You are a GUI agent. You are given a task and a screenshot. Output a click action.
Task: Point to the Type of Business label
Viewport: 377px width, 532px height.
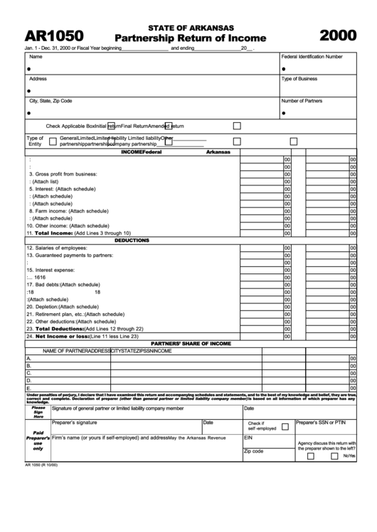tap(299, 79)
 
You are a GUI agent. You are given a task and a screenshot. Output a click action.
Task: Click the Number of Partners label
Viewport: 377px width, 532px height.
tap(302, 101)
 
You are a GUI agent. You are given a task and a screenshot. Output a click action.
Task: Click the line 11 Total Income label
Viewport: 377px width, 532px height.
tap(78, 233)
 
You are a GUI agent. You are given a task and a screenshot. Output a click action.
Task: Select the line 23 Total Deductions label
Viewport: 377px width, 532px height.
tap(85, 329)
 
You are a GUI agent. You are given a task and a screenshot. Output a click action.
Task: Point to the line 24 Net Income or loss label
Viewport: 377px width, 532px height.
tap(82, 336)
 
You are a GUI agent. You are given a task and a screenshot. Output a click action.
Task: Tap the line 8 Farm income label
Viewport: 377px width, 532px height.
tap(68, 211)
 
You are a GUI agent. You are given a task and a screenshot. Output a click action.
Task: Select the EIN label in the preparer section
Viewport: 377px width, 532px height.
tap(248, 438)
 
